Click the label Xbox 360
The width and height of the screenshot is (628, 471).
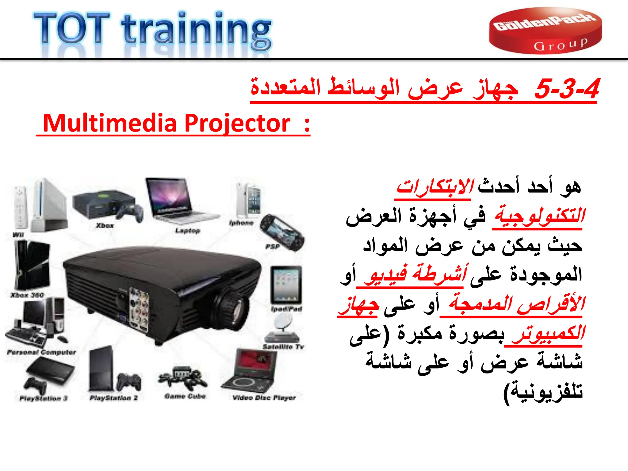(27, 295)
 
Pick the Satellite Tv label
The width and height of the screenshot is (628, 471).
(283, 347)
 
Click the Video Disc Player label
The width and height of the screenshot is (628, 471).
(264, 398)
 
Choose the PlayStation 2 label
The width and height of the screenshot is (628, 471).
(113, 398)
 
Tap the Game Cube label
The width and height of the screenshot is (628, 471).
(185, 396)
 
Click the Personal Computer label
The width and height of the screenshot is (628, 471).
(41, 352)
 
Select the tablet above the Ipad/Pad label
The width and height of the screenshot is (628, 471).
(286, 284)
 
